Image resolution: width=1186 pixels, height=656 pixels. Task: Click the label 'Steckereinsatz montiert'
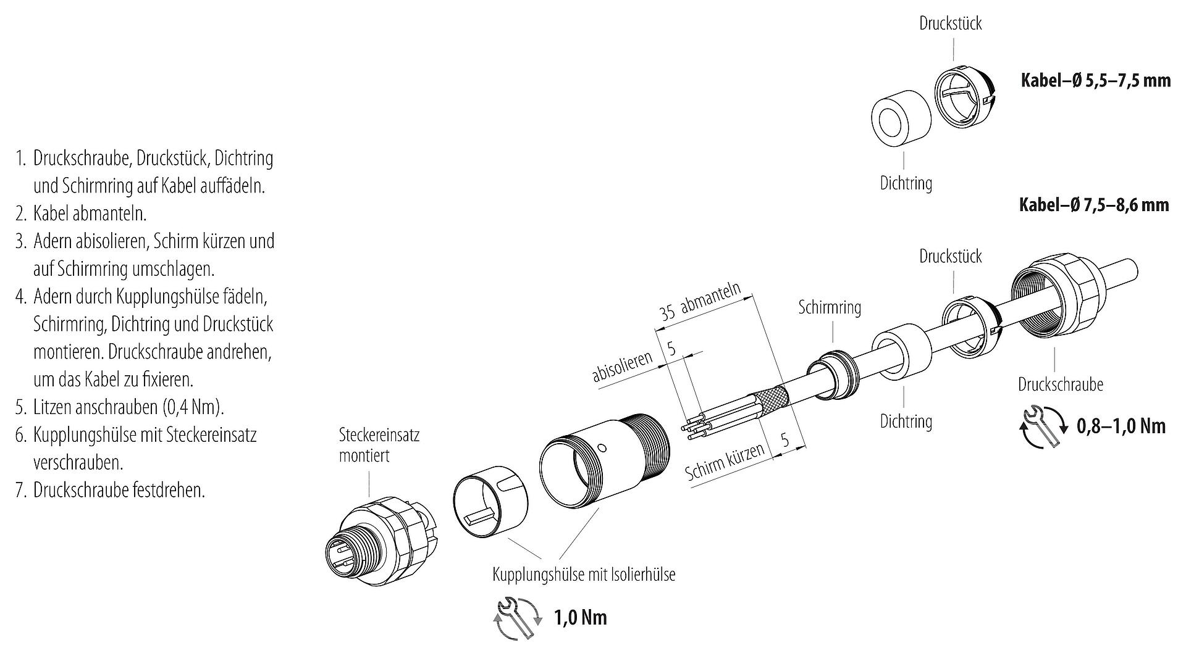379,445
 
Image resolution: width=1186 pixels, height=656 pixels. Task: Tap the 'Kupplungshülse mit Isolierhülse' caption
584,575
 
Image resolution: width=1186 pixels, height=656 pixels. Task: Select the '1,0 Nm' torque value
580,617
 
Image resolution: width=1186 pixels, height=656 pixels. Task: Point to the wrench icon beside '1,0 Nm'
517,618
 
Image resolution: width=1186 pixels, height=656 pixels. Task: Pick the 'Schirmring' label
829,307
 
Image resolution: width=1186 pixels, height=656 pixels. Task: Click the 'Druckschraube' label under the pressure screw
1060,384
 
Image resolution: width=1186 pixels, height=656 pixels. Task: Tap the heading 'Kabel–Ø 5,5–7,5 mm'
1095,80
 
